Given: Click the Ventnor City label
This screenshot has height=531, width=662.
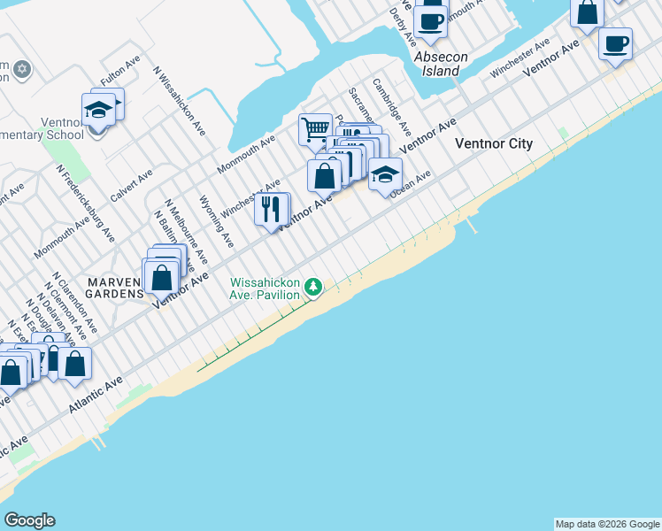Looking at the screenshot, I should (493, 143).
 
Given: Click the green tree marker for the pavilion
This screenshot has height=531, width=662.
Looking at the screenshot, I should (313, 287).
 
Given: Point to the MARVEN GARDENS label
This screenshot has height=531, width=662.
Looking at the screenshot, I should (115, 288).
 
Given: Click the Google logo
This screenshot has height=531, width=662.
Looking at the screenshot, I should (29, 520).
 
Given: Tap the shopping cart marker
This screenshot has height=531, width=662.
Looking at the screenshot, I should (315, 130).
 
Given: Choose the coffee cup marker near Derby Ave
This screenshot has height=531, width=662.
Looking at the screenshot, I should (431, 21).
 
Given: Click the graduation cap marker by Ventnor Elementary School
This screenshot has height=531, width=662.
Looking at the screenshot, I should (97, 110).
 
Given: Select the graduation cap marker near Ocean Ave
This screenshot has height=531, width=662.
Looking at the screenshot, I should (385, 174).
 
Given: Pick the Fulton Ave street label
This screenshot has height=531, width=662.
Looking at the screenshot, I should (120, 73).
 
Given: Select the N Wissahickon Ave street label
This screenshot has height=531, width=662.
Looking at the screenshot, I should (180, 100).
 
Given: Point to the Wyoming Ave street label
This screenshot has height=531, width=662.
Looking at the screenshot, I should (217, 221).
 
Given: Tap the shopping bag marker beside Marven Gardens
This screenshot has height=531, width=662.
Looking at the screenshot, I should (162, 277).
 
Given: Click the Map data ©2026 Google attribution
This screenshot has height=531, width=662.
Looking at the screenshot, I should (607, 524).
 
